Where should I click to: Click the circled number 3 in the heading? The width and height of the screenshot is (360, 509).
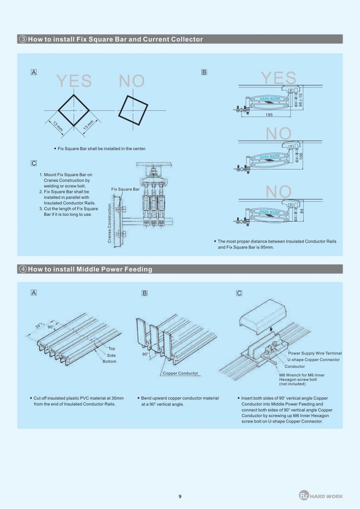23,39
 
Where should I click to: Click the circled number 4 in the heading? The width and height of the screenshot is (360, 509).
23,269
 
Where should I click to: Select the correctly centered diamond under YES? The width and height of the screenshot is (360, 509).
74,109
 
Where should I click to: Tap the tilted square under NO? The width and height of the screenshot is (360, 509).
134,109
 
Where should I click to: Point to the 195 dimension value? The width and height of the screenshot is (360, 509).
269,114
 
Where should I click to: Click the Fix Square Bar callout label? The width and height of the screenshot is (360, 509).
125,189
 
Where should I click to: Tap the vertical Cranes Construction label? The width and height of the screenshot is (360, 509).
109,223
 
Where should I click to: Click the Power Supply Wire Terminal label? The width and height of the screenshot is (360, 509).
315,353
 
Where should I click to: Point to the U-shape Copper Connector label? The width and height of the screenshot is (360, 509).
313,359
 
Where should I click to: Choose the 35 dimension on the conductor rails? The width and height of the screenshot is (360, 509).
38,326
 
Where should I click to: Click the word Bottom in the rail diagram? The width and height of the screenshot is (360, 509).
109,361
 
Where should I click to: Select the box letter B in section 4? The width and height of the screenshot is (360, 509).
145,293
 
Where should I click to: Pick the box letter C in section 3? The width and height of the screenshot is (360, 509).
33,163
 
